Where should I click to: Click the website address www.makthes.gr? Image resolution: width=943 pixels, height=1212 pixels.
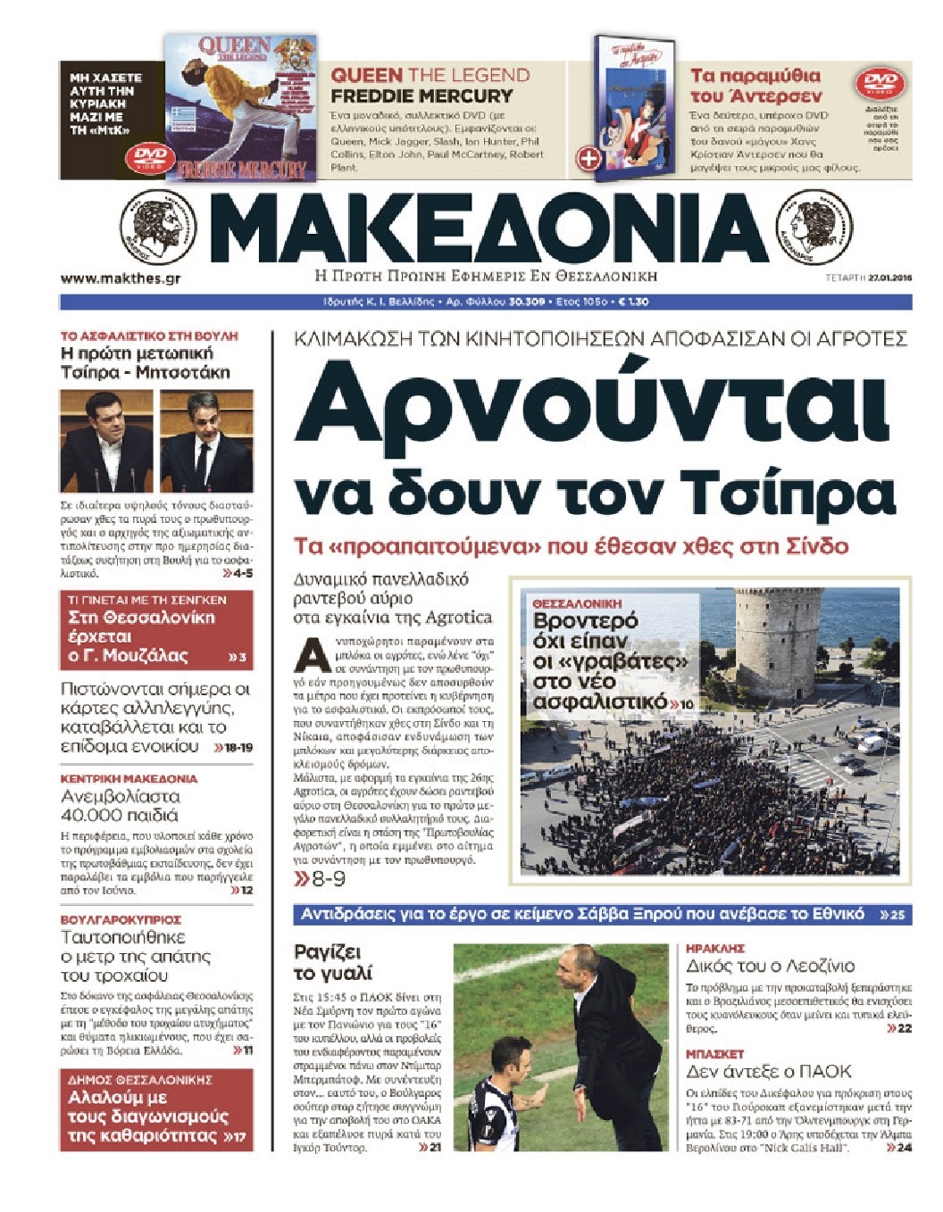click(x=121, y=278)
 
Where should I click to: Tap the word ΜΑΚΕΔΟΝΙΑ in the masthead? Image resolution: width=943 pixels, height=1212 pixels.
click(x=488, y=229)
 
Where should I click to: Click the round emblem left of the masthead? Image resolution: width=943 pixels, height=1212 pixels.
click(x=159, y=228)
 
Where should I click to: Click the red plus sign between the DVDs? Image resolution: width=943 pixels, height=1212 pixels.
click(x=589, y=159)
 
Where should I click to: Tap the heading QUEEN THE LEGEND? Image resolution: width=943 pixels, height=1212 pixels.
click(x=430, y=76)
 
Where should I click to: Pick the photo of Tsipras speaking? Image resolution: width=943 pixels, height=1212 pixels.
click(x=107, y=441)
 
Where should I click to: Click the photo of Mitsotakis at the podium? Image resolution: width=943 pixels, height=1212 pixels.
click(x=206, y=441)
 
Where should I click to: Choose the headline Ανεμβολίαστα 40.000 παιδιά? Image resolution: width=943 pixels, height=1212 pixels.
click(x=121, y=805)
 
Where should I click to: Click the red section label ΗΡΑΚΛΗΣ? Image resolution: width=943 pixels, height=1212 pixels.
click(x=715, y=949)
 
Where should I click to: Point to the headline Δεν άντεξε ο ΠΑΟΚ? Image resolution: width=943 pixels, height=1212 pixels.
click(x=769, y=1071)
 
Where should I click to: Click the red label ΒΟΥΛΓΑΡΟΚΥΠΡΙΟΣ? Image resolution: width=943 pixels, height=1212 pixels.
click(x=121, y=919)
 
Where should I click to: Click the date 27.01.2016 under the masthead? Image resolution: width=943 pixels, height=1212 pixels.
click(x=889, y=278)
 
